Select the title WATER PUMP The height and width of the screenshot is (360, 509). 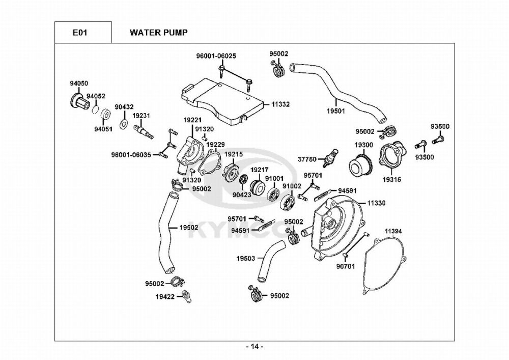pos(158,33)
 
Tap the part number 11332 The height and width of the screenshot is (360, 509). pos(280,104)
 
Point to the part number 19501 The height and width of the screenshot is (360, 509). pos(336,110)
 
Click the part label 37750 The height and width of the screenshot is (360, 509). pos(307,158)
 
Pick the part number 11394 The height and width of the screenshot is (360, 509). pos(393,231)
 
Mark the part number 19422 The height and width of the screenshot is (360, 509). pos(166,296)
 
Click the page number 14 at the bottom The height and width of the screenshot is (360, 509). pos(254,347)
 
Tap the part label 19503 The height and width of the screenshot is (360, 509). pos(245,259)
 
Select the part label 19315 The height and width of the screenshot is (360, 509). pos(393,179)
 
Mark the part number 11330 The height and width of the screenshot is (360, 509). pos(376,203)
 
